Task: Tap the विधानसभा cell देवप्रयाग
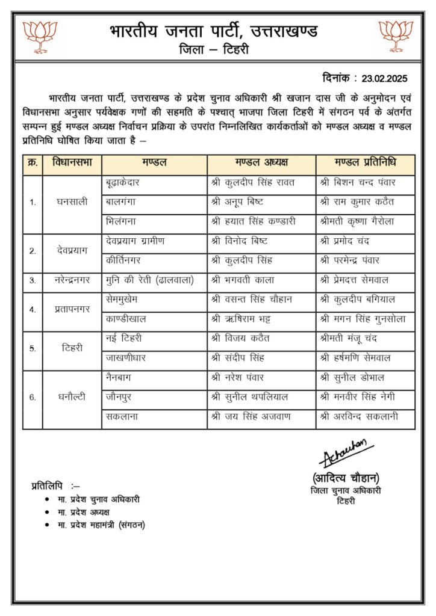(72, 250)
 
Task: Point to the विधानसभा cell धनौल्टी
(72, 396)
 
